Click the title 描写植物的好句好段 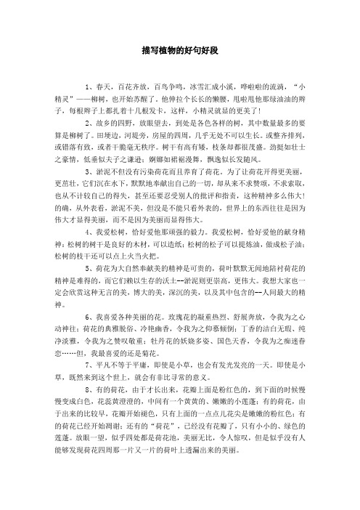point(179,52)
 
